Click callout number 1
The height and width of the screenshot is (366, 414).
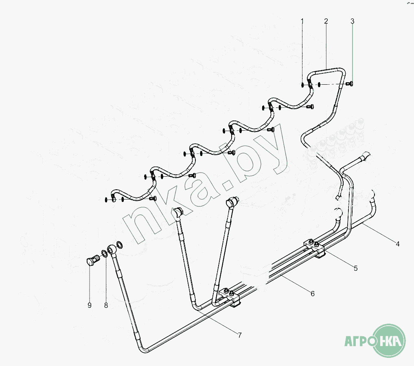click(302, 20)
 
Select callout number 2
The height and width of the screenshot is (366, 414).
click(326, 20)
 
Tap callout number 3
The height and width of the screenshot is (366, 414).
click(353, 20)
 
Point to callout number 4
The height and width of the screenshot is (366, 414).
click(398, 244)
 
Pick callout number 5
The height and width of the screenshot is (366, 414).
click(355, 268)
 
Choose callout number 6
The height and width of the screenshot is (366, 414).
click(313, 293)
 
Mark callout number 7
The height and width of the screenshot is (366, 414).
click(240, 335)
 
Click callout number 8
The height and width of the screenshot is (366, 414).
click(106, 305)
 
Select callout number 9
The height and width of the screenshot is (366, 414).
click(89, 305)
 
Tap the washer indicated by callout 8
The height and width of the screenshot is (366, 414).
click(104, 254)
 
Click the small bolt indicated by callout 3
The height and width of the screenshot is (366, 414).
click(349, 84)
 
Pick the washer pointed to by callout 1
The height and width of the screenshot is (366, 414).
click(302, 85)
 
